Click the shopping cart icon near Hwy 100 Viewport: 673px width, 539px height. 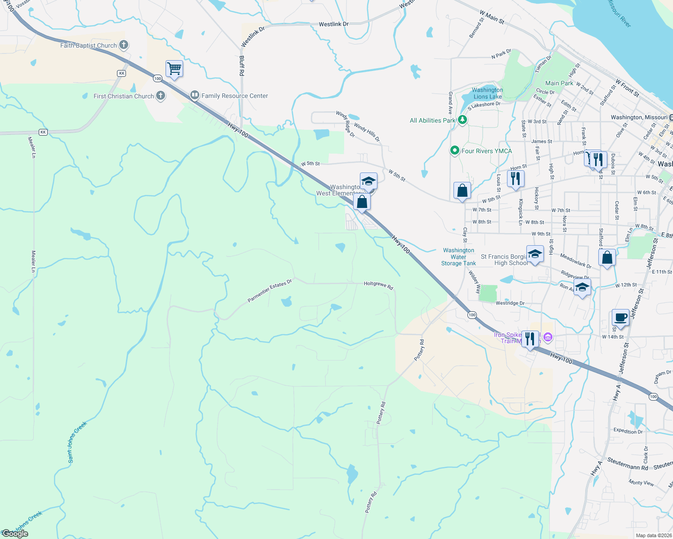tap(174, 69)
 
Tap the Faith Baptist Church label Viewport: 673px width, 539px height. tap(89, 45)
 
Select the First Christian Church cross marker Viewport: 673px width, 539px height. tap(161, 96)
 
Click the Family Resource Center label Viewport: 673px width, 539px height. tap(234, 96)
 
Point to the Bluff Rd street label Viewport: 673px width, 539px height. tap(242, 66)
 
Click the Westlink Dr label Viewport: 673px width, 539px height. tap(333, 24)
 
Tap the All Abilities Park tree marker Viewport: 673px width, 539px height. tap(462, 120)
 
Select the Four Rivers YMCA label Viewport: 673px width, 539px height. tap(486, 151)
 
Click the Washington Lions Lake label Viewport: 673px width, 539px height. tap(487, 93)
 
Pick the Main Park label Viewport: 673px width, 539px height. tap(559, 83)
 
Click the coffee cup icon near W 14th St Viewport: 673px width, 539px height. tap(621, 318)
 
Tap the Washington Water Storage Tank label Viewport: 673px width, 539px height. tap(458, 257)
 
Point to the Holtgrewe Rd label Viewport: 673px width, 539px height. tap(378, 285)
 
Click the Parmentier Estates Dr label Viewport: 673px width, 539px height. tap(270, 291)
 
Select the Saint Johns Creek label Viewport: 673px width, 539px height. tap(77, 442)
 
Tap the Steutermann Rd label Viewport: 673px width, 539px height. tap(628, 464)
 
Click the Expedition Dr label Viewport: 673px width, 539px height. tap(628, 431)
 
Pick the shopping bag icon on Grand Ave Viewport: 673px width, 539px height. tap(462, 191)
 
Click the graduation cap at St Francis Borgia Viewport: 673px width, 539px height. tap(535, 255)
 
